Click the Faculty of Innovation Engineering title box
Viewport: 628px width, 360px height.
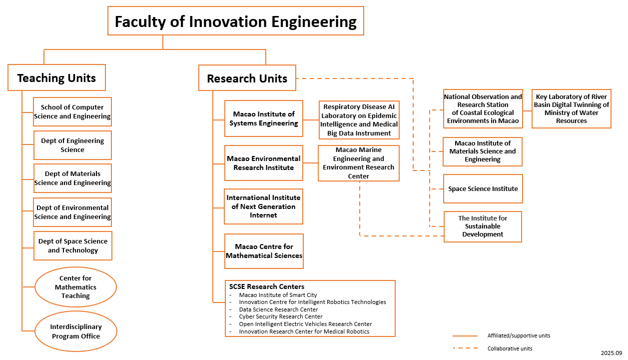tap(235, 21)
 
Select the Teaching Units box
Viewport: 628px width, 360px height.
tap(56, 77)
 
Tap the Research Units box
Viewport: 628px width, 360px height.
tap(247, 78)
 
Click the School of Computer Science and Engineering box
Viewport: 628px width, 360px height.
tap(72, 111)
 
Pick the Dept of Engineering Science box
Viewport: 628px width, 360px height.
tap(72, 145)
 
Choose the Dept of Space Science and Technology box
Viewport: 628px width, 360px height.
tap(73, 245)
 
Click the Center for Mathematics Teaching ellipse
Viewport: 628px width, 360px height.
tap(75, 287)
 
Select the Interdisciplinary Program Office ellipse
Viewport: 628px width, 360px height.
tap(76, 331)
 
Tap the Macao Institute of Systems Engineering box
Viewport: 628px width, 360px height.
tap(264, 118)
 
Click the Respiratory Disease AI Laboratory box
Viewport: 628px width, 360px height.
tap(359, 120)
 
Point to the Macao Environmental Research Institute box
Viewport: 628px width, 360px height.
tap(263, 163)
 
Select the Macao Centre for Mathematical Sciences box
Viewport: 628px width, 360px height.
tap(264, 251)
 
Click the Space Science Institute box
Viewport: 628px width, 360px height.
tap(483, 188)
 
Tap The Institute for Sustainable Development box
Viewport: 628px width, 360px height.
tap(483, 226)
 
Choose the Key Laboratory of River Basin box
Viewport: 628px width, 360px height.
tap(571, 109)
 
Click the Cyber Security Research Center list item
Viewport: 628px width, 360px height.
tap(281, 316)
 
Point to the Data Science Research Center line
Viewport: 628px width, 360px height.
tap(278, 309)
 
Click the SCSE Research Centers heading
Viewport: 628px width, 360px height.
tap(267, 286)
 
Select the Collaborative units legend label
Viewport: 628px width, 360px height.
tap(510, 348)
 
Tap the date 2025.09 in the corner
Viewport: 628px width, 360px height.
tap(611, 353)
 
